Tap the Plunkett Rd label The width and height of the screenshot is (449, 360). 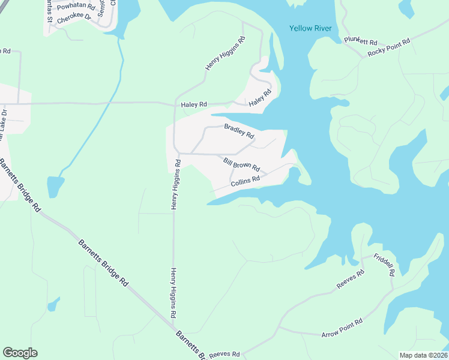coord(360,41)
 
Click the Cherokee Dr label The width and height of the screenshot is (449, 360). coord(74,18)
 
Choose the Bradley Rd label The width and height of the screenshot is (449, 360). coord(239,131)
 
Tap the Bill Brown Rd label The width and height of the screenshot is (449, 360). coord(241,163)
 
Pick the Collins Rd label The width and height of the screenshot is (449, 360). coord(245,180)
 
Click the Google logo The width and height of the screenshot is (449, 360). coord(20,353)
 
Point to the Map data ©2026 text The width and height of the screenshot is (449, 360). coord(424,355)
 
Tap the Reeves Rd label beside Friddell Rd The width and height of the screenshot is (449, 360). coord(351,280)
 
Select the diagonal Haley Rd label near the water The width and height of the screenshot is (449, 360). coord(261,98)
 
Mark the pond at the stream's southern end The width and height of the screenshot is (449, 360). coord(55,187)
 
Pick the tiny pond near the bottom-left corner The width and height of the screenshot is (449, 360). coord(53,305)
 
